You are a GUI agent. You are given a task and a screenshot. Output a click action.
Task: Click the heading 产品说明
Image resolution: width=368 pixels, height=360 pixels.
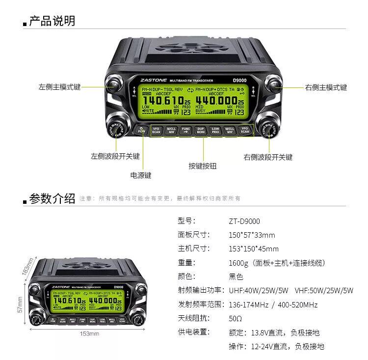tap(52, 21)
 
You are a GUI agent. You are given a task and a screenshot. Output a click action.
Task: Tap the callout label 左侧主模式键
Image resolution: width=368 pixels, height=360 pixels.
tap(59, 87)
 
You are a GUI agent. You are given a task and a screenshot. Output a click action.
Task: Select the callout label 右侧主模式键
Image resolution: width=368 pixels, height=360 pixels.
tap(326, 87)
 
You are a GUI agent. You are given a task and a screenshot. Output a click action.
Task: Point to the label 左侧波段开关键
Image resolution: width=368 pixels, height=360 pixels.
tap(115, 156)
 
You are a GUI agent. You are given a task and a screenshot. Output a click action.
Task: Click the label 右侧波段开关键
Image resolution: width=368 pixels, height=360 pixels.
tap(268, 157)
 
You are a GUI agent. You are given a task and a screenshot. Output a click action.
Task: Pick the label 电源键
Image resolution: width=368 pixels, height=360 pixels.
tap(141, 175)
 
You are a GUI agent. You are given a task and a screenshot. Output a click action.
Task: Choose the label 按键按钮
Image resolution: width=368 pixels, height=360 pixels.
tap(203, 166)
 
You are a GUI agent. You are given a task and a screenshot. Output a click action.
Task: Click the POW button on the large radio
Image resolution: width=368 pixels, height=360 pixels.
tap(142, 130)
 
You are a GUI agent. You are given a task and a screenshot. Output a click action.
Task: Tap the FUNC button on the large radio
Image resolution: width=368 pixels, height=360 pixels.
tap(185, 130)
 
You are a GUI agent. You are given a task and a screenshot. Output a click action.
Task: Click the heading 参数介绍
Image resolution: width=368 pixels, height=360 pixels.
tap(52, 198)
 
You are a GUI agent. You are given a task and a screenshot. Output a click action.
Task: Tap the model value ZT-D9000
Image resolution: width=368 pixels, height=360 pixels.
tap(244, 221)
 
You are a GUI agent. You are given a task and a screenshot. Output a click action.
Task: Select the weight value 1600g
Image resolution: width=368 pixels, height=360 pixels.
tap(238, 263)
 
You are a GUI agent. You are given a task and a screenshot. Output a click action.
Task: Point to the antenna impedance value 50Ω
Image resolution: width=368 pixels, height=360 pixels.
tap(236, 318)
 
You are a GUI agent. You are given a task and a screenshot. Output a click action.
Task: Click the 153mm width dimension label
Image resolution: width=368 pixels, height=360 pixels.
tap(89, 334)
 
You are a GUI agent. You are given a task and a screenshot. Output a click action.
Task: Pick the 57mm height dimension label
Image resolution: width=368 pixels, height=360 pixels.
tap(20, 304)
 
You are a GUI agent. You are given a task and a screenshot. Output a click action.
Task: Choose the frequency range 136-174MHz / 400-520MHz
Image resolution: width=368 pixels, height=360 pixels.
tap(273, 305)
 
